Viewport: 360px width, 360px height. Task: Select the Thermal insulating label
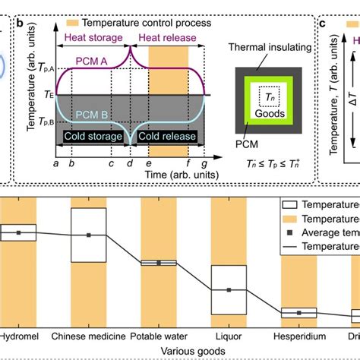(x=265, y=49)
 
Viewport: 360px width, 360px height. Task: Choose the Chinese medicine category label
(x=89, y=335)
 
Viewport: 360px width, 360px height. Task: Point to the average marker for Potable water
(x=159, y=263)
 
